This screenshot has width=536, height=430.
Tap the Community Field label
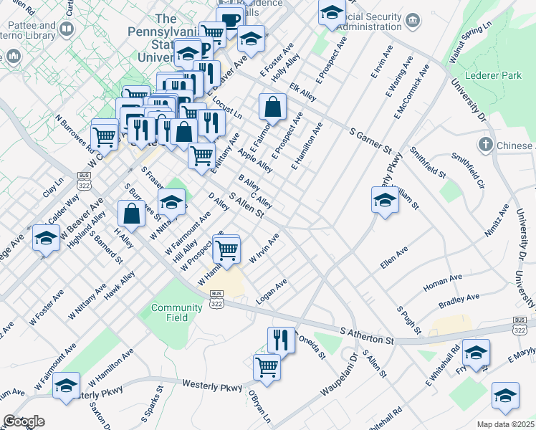tap(176, 312)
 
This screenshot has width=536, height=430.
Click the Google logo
tap(24, 421)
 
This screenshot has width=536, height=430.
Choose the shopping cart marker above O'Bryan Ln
tap(267, 366)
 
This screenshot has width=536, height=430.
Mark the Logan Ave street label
tap(272, 291)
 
